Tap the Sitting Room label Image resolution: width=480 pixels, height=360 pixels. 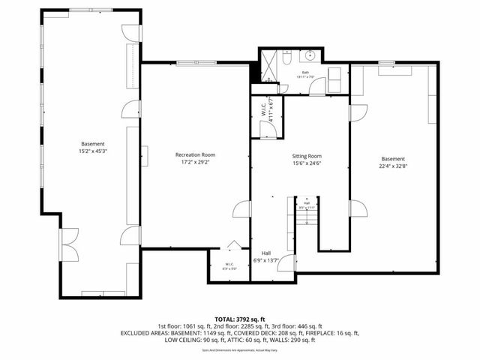pyautogui.click(x=307, y=155)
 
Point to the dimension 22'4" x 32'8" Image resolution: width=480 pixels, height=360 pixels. pyautogui.click(x=392, y=166)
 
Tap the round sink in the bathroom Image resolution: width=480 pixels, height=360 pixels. pyautogui.click(x=310, y=55)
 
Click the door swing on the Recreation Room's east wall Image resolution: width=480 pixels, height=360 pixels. pyautogui.click(x=241, y=210)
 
